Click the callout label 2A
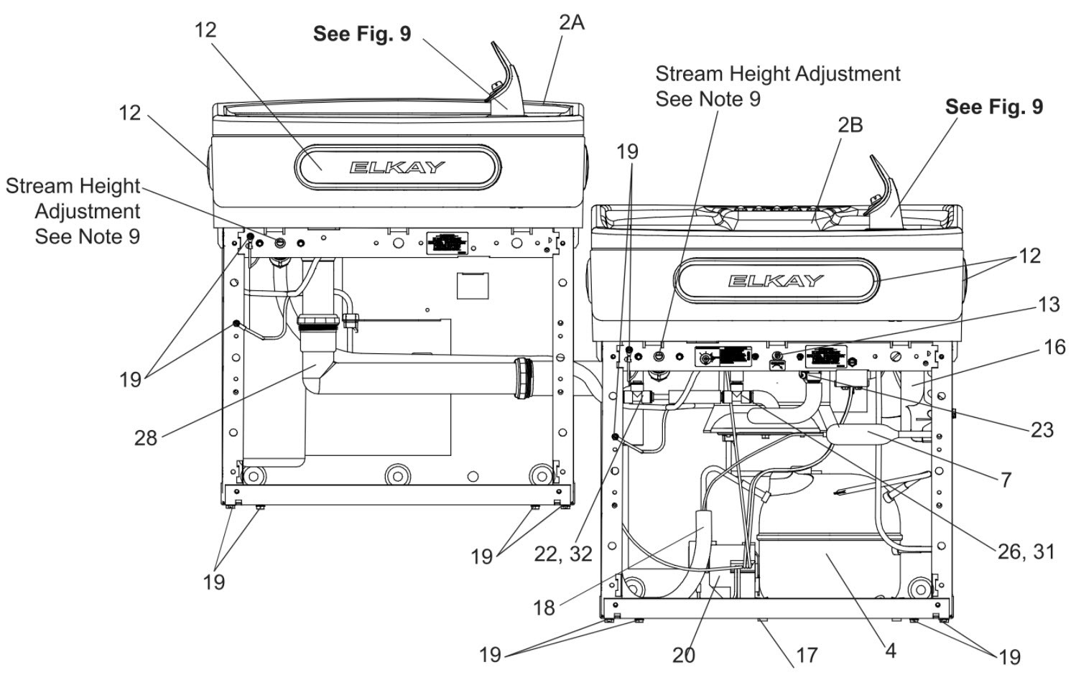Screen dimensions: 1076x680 click(x=571, y=22)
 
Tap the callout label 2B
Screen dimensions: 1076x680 click(x=850, y=125)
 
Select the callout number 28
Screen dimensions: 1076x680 click(x=146, y=438)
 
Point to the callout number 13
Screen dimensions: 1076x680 click(x=1049, y=304)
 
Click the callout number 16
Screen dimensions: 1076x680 click(x=1055, y=347)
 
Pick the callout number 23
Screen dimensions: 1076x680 click(x=1042, y=430)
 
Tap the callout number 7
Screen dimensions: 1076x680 click(x=1006, y=480)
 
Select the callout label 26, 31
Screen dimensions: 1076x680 click(x=1026, y=552)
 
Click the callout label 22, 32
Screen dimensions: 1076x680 click(x=563, y=554)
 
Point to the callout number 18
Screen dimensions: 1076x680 click(x=544, y=608)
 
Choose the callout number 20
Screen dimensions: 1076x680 click(x=684, y=655)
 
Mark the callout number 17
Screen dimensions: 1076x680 click(x=807, y=655)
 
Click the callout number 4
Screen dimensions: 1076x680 click(x=891, y=651)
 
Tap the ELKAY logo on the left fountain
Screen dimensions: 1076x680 click(x=396, y=167)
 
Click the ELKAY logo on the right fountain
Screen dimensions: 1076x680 click(x=776, y=281)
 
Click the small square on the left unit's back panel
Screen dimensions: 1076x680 click(x=472, y=286)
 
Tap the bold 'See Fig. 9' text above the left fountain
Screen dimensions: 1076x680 click(x=362, y=34)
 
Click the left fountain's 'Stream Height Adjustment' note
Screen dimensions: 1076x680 click(x=73, y=211)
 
